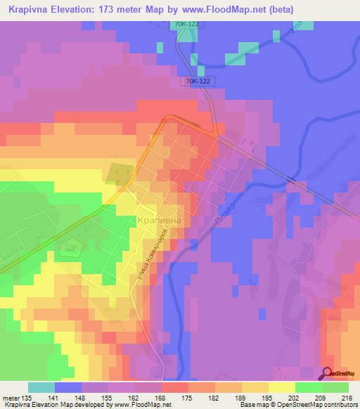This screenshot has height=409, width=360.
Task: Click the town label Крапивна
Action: (x=158, y=221)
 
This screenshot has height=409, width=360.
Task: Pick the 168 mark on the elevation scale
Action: (x=149, y=398)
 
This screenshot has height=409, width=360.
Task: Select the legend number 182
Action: (x=202, y=398)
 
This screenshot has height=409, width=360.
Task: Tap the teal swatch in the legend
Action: (x=41, y=387)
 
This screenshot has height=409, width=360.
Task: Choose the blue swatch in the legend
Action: (x=68, y=387)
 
